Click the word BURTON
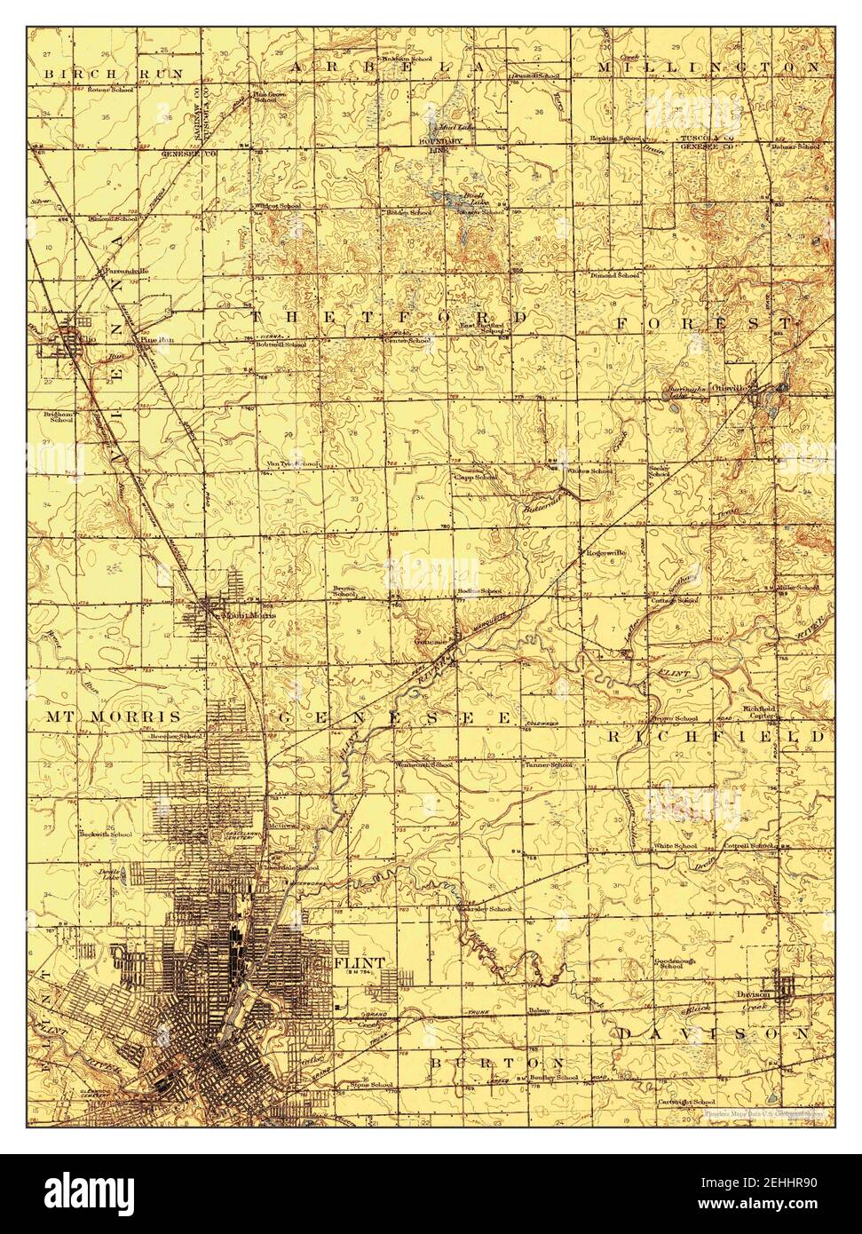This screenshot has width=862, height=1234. [x=497, y=1063]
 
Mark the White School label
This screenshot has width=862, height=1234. [x=675, y=846]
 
